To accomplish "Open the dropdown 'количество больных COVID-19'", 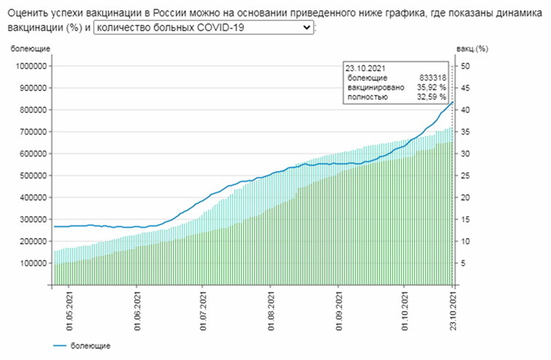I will pyautogui.click(x=204, y=27).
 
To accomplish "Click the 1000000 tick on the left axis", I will pyautogui.click(x=31, y=66).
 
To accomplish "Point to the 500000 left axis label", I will pyautogui.click(x=33, y=175).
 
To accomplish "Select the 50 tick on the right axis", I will pyautogui.click(x=467, y=66).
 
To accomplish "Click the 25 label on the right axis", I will pyautogui.click(x=467, y=175).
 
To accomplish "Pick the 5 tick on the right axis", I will pyautogui.click(x=464, y=263).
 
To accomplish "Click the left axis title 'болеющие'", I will pyautogui.click(x=30, y=49).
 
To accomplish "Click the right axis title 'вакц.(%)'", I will pyautogui.click(x=471, y=49).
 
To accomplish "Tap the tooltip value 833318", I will pyautogui.click(x=432, y=78).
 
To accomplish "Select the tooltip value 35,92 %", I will pyautogui.click(x=431, y=87).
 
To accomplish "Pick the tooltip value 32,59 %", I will pyautogui.click(x=431, y=97).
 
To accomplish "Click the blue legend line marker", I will pyautogui.click(x=60, y=345).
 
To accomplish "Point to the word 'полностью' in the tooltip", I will pyautogui.click(x=365, y=97).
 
